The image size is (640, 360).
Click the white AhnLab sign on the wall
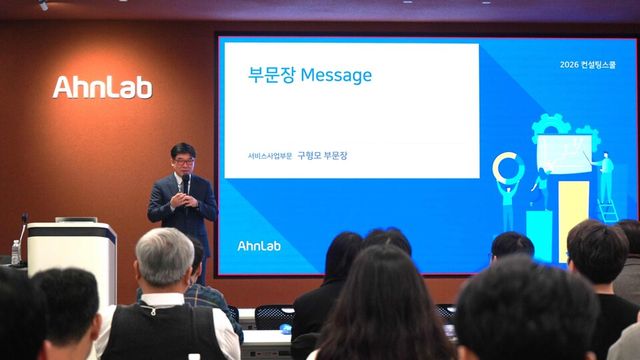point(102,87)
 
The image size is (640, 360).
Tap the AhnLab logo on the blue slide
point(258,245)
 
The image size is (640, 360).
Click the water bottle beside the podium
point(15,251)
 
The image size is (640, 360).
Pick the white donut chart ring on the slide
point(507,165)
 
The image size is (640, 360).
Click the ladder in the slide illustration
point(607,209)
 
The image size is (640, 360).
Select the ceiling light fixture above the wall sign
point(42,5)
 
